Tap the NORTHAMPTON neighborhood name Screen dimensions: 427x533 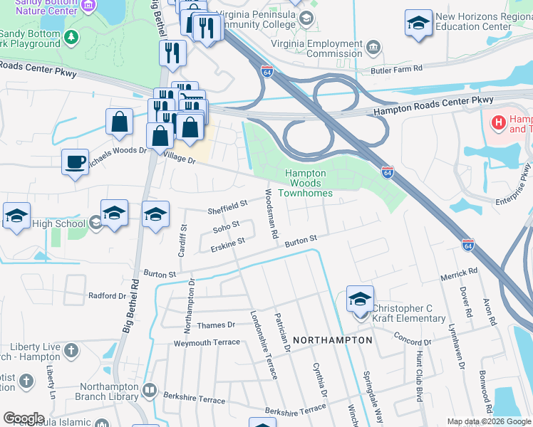pyautogui.click(x=333, y=340)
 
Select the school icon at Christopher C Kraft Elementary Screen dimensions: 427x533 pyautogui.click(x=360, y=299)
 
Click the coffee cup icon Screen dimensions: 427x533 pyautogui.click(x=75, y=162)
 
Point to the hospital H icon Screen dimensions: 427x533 pyautogui.click(x=499, y=123)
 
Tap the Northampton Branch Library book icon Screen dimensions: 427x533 pyautogui.click(x=150, y=389)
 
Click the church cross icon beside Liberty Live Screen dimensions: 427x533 pyautogui.click(x=71, y=350)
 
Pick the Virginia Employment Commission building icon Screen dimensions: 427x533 pyautogui.click(x=373, y=48)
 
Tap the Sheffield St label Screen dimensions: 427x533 pyautogui.click(x=227, y=207)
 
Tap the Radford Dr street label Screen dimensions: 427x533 pyautogui.click(x=107, y=296)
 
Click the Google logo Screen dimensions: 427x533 pyautogui.click(x=24, y=418)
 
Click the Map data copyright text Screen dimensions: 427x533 pyautogui.click(x=489, y=421)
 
